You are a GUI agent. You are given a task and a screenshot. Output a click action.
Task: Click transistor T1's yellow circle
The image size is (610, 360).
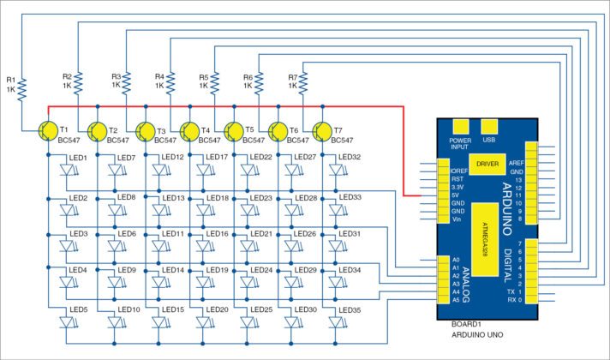click(x=49, y=129)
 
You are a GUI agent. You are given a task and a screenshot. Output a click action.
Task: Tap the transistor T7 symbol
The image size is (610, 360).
click(x=322, y=130)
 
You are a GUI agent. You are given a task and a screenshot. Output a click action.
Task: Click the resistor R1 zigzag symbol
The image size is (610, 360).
click(x=23, y=87)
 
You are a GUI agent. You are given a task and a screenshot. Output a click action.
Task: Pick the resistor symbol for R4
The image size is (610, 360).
click(x=171, y=84)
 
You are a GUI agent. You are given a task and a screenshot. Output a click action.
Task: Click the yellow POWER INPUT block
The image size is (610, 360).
click(x=461, y=127)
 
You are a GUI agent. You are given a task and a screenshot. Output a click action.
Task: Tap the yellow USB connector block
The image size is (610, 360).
click(x=489, y=127)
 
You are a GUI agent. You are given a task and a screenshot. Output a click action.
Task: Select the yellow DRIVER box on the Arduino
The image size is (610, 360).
click(x=487, y=163)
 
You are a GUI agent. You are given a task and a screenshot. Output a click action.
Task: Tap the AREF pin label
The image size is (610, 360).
click(x=516, y=161)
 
